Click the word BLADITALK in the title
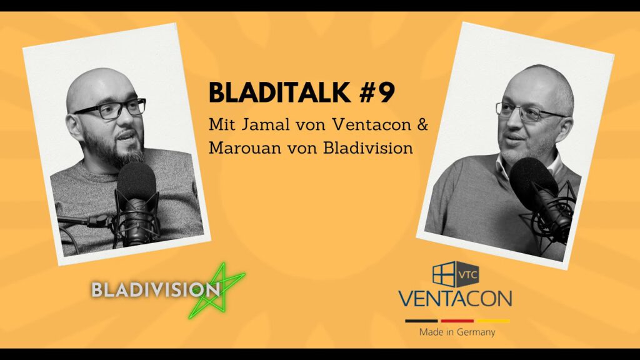(x=279, y=92)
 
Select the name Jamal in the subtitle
(x=263, y=124)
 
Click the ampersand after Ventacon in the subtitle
(x=422, y=124)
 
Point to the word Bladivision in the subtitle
(x=367, y=147)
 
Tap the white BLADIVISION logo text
(x=156, y=289)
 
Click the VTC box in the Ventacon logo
(x=467, y=274)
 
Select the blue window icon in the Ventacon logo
(x=444, y=274)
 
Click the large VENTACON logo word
(x=455, y=298)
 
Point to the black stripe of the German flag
(x=421, y=321)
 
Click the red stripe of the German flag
(x=457, y=321)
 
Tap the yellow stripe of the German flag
(x=494, y=321)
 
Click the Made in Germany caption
(x=457, y=332)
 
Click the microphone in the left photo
(x=136, y=204)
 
